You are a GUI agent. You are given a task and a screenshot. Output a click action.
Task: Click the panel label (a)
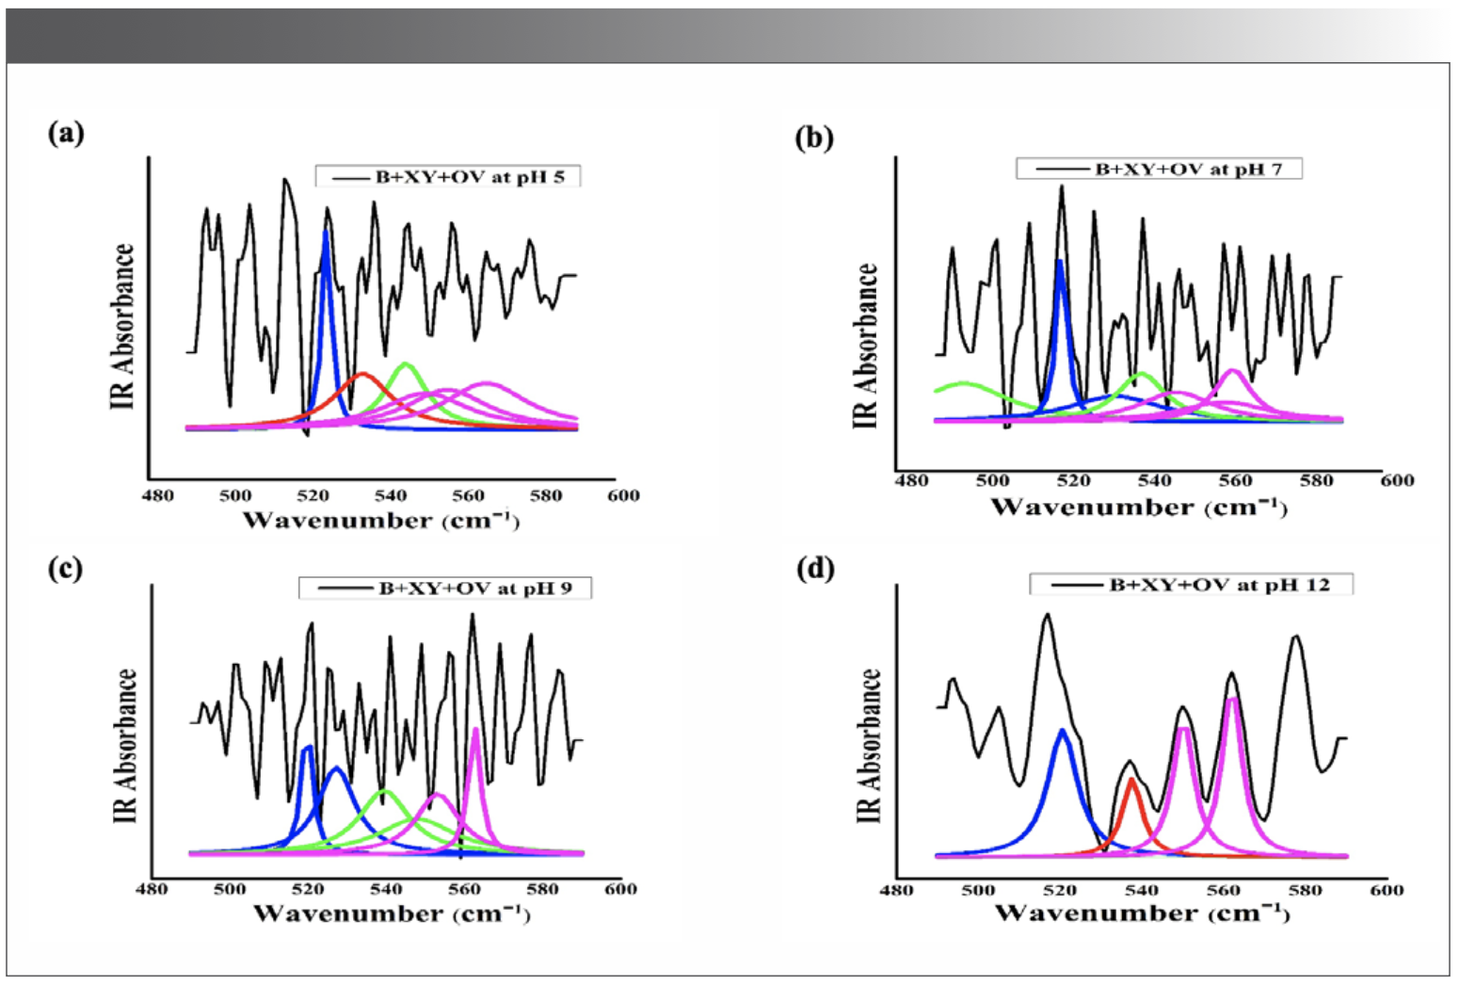point(66,134)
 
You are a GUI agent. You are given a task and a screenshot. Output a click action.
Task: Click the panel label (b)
point(814,137)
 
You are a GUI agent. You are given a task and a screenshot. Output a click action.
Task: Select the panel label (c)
point(65,569)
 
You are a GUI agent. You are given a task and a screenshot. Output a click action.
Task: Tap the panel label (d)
point(815,570)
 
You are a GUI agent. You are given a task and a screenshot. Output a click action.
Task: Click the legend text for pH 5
point(470,177)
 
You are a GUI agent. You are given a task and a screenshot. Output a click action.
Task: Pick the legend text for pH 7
point(1188,170)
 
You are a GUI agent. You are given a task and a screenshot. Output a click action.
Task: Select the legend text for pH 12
point(1219,585)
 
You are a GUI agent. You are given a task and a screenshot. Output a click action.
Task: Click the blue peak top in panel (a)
point(326,233)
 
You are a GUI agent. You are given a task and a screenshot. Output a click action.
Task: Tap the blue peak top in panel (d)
point(1063,730)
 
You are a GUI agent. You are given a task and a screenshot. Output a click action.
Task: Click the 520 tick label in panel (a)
point(313,496)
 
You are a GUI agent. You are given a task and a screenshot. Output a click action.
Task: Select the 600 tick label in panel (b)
point(1397,481)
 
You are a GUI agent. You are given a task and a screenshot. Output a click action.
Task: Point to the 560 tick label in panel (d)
point(1223,891)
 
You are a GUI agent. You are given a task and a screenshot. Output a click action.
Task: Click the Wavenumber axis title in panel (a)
point(380,520)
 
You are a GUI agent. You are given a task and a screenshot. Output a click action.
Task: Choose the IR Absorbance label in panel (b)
point(865,346)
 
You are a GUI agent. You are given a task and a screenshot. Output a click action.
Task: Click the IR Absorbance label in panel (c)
point(125,746)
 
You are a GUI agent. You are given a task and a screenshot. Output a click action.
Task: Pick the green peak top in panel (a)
point(406,363)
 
